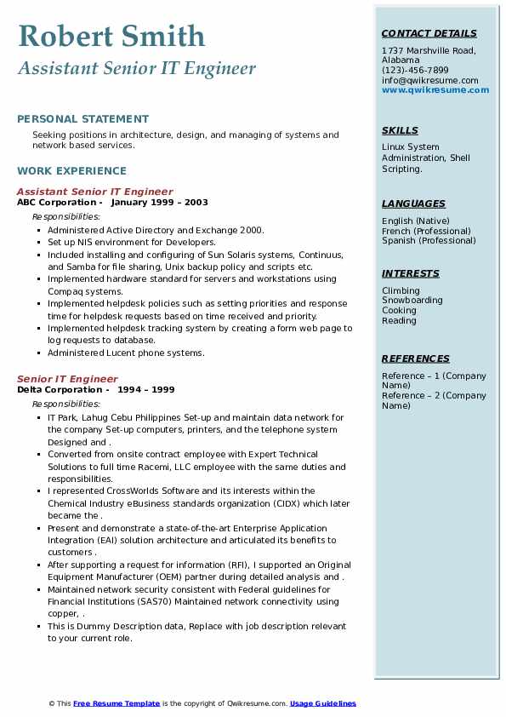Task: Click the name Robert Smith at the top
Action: coord(111,36)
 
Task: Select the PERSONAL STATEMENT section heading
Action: coord(82,119)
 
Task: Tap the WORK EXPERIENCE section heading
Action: coord(71,170)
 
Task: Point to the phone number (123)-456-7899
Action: coord(415,71)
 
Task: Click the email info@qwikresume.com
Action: coord(429,81)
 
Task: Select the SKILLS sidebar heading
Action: coord(400,131)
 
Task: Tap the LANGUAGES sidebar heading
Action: coord(413,204)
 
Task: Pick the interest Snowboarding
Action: coord(412,301)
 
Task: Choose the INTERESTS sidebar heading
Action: coord(411,274)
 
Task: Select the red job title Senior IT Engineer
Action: coord(67,379)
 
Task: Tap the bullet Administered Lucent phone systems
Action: coord(126,353)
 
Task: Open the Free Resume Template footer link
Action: coord(117,703)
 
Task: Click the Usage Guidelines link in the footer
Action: coord(322,703)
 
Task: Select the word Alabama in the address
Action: coord(401,60)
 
